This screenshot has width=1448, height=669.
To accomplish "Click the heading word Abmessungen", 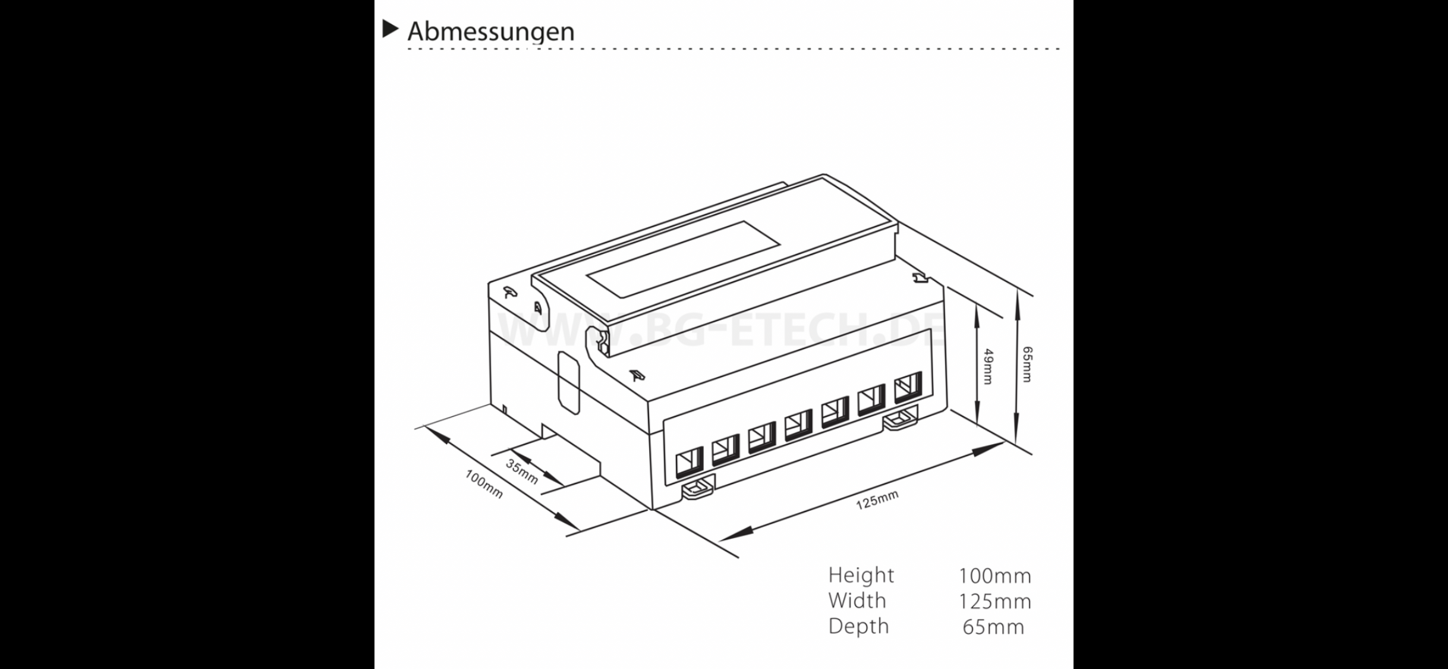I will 490,32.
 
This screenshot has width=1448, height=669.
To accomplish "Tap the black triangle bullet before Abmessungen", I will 390,29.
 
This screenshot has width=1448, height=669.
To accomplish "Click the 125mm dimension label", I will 877,500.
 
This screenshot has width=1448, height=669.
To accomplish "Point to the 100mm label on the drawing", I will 483,484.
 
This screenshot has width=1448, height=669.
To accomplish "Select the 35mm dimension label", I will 522,472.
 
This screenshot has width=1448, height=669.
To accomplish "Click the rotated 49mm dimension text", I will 988,366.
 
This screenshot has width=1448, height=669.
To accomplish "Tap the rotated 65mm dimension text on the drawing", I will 1027,364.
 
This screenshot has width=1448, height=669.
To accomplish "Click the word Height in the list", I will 860,575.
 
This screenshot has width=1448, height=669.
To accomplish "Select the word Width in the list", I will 857,601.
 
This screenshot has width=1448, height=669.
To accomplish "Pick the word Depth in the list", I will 858,626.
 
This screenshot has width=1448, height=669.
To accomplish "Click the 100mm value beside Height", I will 994,576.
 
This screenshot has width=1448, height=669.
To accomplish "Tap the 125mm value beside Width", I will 994,601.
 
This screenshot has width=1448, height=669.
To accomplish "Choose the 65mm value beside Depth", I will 993,627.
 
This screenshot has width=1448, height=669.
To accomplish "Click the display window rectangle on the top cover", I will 684,259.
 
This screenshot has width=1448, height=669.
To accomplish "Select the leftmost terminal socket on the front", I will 689,461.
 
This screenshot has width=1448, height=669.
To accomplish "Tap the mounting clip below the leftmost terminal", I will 698,488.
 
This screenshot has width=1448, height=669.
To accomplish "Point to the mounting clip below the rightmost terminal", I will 900,419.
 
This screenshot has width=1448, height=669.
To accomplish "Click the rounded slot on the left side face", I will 569,382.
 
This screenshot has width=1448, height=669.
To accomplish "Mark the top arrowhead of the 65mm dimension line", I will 1017,297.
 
